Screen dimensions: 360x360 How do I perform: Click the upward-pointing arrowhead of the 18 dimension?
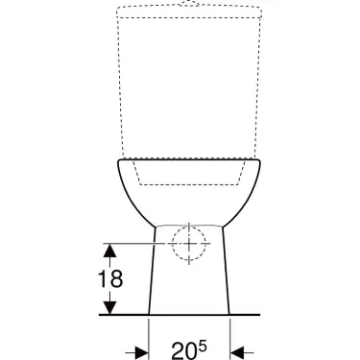(110, 250)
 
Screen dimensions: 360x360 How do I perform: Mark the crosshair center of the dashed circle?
(190, 243)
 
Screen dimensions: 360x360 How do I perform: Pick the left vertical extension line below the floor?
(149, 336)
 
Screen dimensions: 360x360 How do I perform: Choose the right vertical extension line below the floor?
(229, 336)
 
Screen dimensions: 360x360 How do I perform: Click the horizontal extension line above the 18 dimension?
(130, 242)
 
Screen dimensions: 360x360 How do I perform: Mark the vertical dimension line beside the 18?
(110, 278)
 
